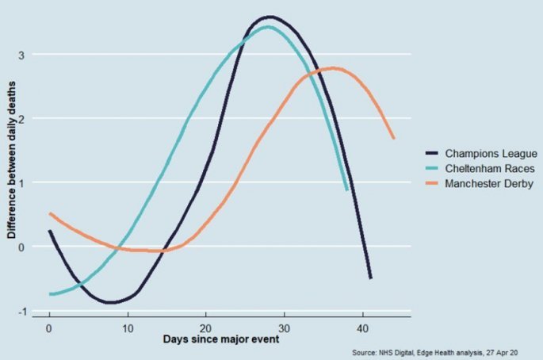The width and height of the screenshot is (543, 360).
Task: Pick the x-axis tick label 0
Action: (x=49, y=327)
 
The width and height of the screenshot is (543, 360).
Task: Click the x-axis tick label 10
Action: (x=128, y=327)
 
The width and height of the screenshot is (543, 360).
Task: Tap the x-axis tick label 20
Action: (x=206, y=327)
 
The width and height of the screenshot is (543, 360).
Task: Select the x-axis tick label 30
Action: (x=285, y=327)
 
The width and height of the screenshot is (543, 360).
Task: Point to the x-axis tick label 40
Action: (x=362, y=327)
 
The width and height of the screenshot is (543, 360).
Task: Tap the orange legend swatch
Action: (x=433, y=183)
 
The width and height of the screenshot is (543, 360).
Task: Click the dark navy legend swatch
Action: (x=433, y=153)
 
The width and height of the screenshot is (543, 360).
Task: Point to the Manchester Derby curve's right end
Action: (x=393, y=138)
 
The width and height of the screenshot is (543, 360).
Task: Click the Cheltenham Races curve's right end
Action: (x=347, y=190)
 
